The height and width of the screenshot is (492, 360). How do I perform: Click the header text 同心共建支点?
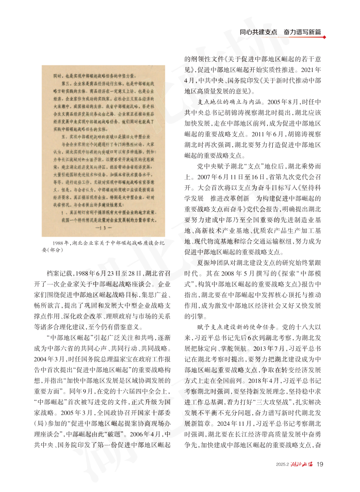[258, 32]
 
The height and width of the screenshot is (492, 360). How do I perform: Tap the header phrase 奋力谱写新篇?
[303, 32]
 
